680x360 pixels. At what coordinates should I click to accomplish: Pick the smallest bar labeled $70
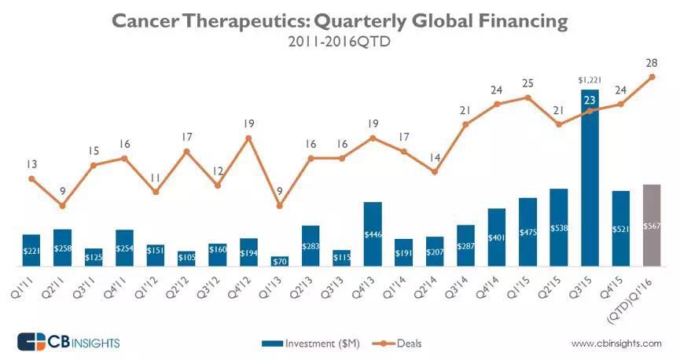(279, 261)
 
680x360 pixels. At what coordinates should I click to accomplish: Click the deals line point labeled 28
(652, 77)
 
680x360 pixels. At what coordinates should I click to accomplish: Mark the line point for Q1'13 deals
(279, 206)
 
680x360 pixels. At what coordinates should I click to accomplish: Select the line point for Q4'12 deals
(248, 138)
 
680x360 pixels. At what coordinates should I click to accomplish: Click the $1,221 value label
(590, 79)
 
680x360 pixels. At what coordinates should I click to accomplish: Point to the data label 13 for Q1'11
(31, 164)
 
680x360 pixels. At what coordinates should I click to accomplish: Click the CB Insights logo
(68, 342)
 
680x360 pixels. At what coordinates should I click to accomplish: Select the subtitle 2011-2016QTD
(339, 42)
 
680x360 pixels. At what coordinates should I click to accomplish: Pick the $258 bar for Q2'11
(62, 248)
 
